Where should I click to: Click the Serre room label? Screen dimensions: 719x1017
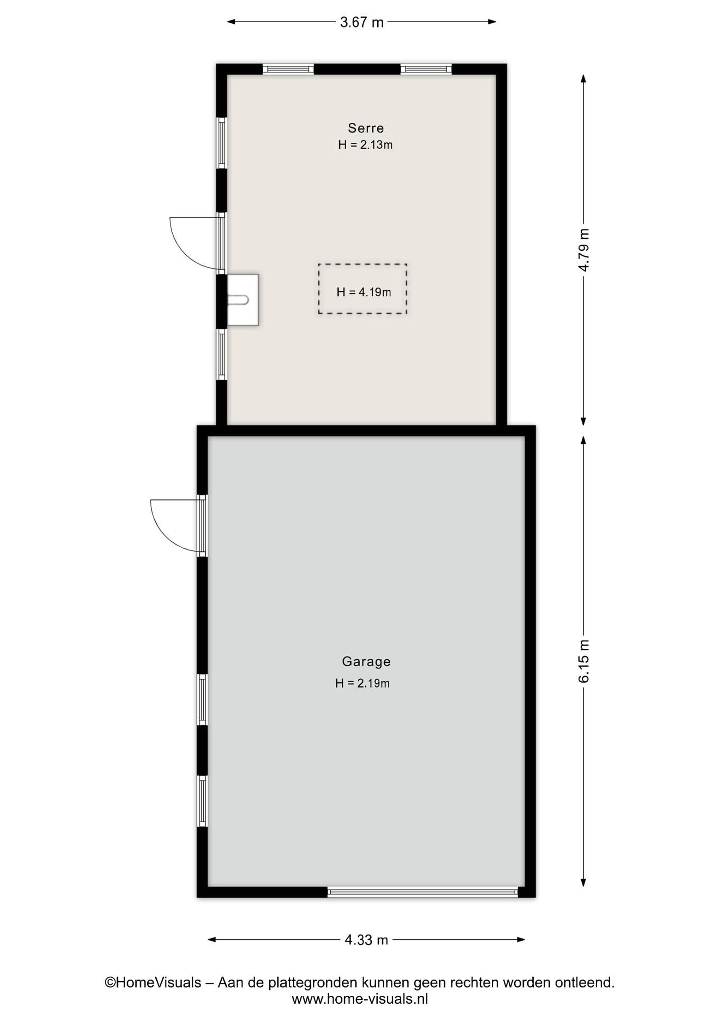click(366, 128)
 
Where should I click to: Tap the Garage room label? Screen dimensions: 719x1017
click(366, 661)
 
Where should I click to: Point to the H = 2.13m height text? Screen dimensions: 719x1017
click(365, 145)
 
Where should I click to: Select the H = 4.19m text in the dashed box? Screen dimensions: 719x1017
click(364, 292)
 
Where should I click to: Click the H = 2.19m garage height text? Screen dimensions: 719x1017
click(362, 683)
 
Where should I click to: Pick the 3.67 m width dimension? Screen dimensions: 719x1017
click(362, 22)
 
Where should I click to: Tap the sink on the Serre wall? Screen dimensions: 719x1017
click(242, 300)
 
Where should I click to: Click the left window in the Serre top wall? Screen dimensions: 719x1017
click(288, 69)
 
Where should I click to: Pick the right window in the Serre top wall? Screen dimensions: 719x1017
click(426, 69)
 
